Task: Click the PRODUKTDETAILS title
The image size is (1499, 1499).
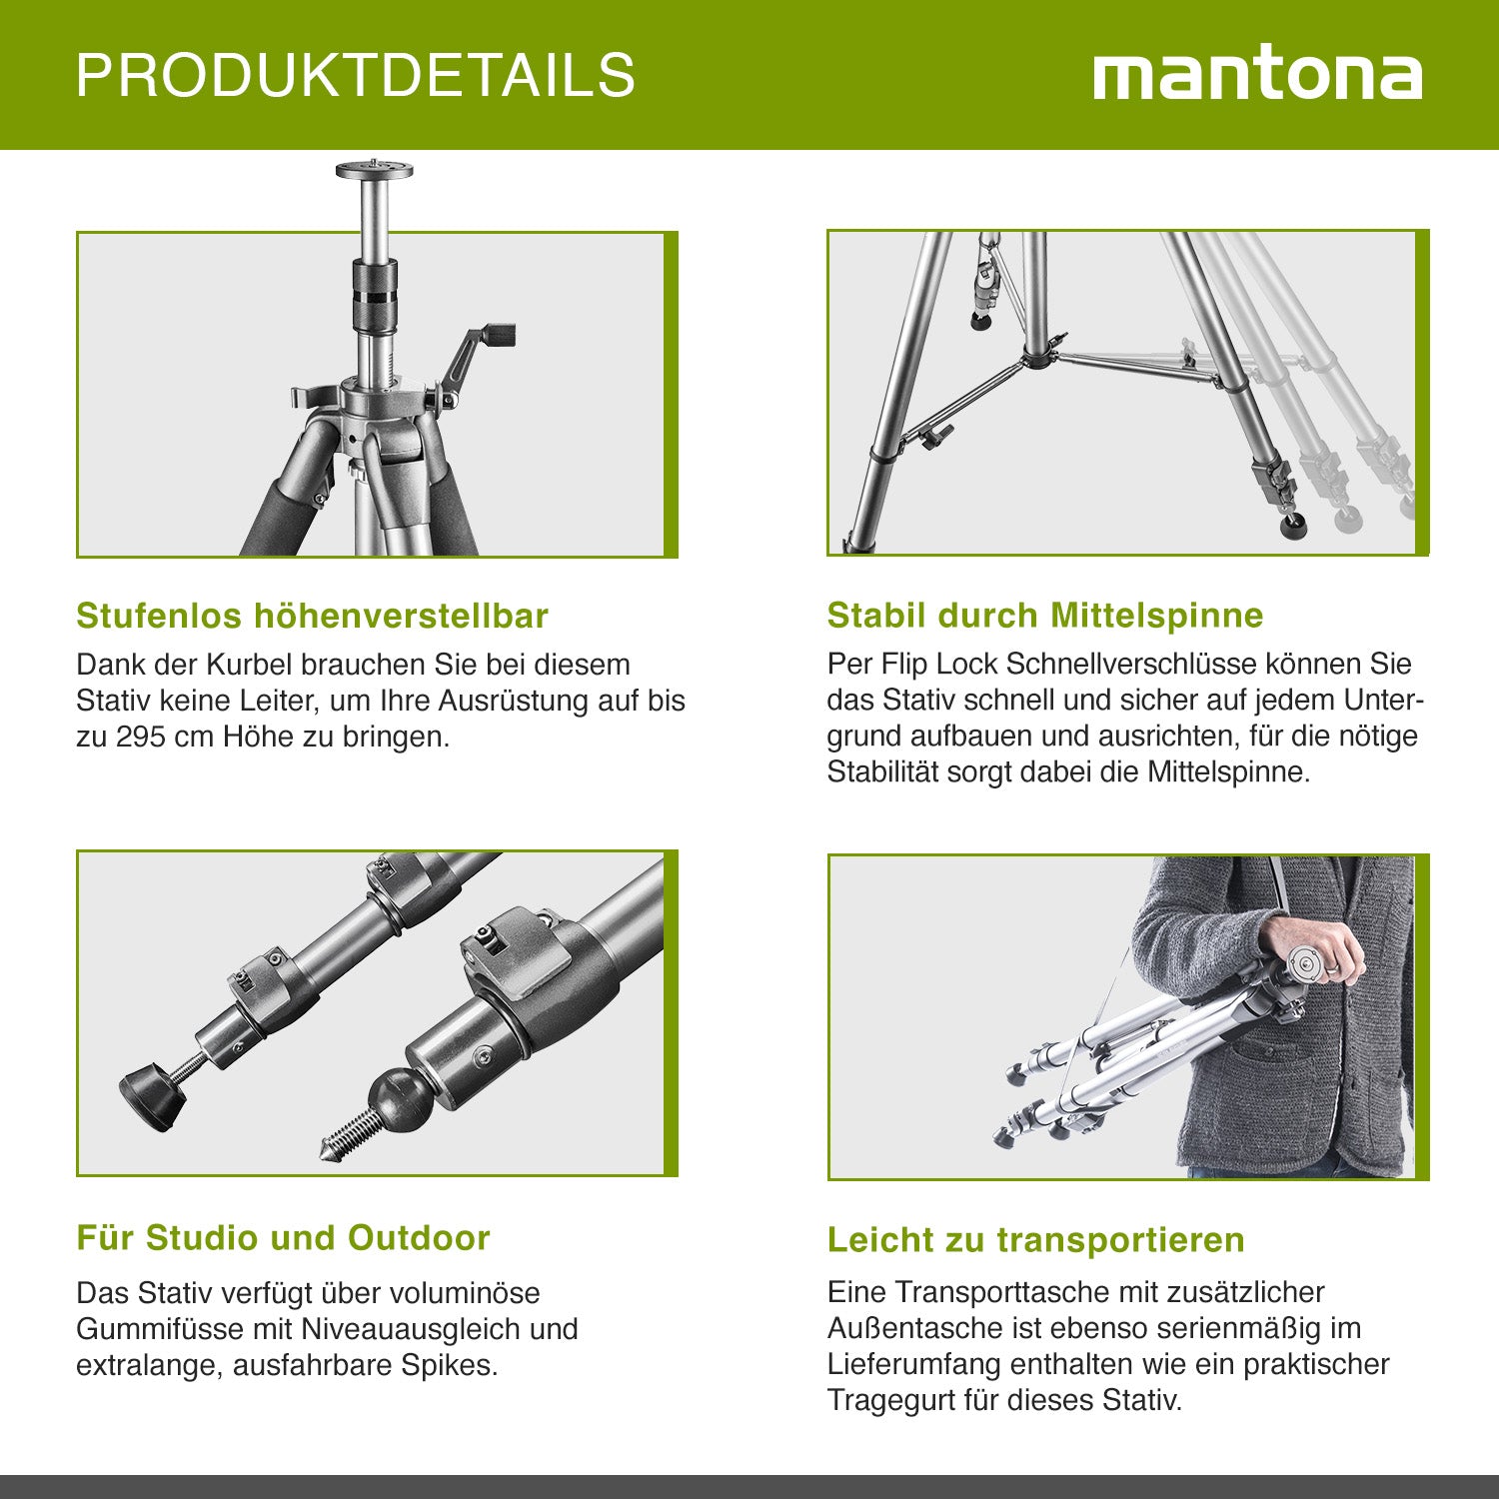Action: [x=356, y=75]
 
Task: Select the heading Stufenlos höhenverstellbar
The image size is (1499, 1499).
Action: [x=312, y=616]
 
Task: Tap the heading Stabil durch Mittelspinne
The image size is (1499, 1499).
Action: [x=1045, y=615]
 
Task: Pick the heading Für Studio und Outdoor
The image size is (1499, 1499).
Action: [x=284, y=1238]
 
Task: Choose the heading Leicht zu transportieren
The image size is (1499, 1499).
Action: [x=1036, y=1240]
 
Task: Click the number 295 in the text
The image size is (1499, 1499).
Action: [x=141, y=738]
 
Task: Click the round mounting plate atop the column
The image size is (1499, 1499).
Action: [x=375, y=169]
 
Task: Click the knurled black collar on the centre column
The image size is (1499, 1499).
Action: [x=375, y=289]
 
